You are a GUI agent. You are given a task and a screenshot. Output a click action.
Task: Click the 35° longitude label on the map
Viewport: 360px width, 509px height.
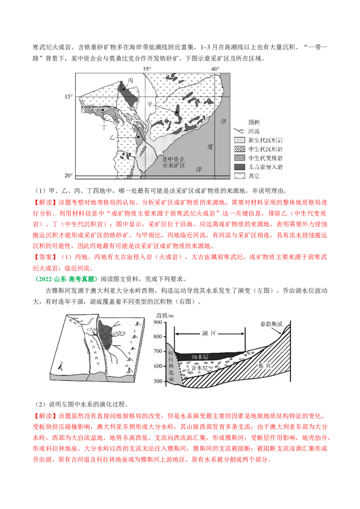(147, 69)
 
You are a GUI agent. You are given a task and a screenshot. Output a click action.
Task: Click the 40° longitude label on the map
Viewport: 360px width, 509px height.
(215, 69)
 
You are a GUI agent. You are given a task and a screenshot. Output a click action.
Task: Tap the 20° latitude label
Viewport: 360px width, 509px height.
(68, 175)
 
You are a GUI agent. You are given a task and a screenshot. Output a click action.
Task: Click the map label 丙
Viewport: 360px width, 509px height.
(130, 80)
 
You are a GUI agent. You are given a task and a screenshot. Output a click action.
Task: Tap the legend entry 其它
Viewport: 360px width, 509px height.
(255, 176)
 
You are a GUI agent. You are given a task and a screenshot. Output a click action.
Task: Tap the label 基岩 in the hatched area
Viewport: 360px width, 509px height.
(265, 366)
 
